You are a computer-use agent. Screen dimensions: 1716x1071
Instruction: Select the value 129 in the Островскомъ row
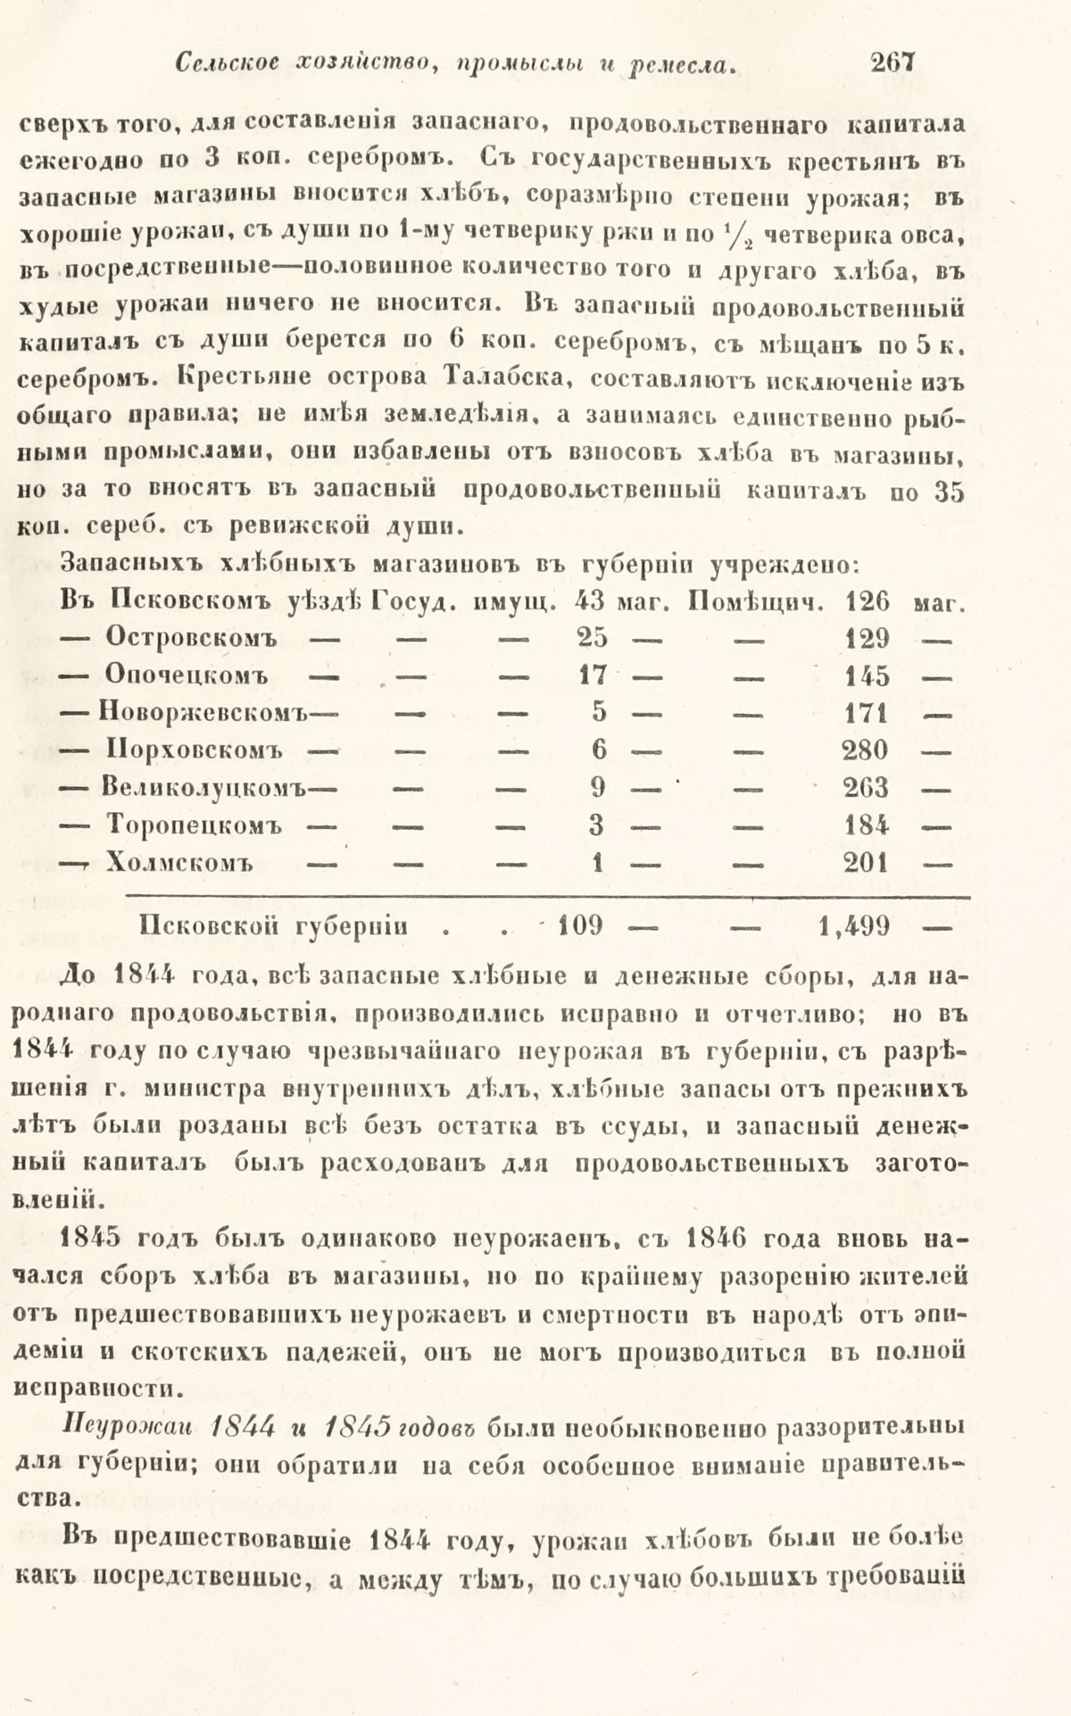click(867, 638)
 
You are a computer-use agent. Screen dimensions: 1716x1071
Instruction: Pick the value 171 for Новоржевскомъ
click(867, 713)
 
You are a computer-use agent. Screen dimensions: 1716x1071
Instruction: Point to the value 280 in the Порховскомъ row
click(867, 750)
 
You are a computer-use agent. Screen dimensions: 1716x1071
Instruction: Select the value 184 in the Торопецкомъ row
click(867, 825)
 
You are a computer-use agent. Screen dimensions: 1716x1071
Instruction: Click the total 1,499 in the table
click(854, 925)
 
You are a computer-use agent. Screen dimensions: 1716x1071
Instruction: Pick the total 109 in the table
click(580, 925)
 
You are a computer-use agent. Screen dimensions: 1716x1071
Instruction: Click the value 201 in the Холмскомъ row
click(867, 863)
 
